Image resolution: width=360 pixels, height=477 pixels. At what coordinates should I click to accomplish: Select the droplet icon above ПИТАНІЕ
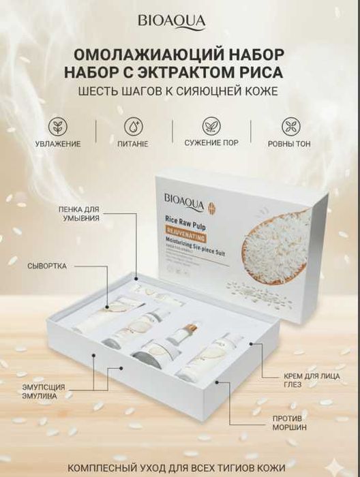click(x=133, y=127)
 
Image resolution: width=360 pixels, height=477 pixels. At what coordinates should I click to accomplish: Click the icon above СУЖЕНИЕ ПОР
click(x=211, y=127)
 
